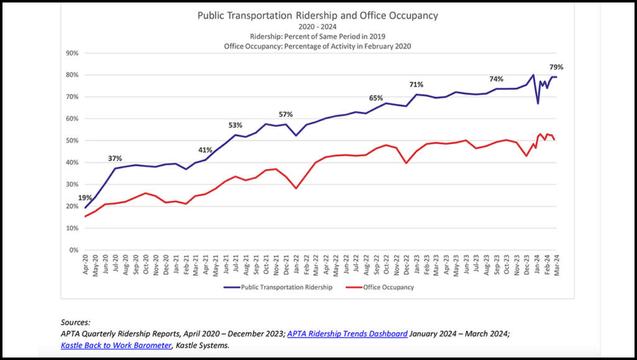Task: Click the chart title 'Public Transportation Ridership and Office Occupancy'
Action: click(318, 15)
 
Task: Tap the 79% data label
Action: click(556, 67)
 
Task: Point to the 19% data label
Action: click(85, 198)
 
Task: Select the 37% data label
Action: click(114, 159)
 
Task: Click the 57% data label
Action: click(285, 115)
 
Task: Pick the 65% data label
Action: click(376, 98)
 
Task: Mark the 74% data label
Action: click(496, 80)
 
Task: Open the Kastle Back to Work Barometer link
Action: click(116, 345)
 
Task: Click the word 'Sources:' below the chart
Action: click(75, 322)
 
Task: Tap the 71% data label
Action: click(416, 85)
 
